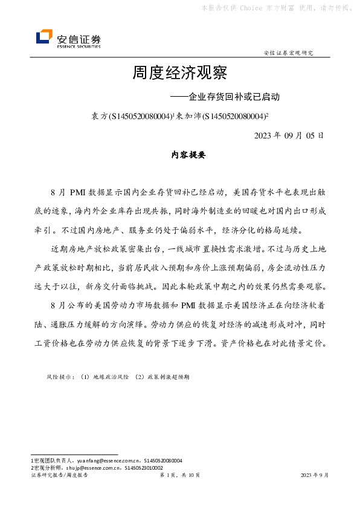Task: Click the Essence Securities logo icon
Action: point(43,38)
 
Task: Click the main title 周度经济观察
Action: point(179,74)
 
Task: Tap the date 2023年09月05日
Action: point(289,135)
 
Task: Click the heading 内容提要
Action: point(180,155)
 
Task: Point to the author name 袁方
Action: point(98,115)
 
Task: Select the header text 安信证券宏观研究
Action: point(289,53)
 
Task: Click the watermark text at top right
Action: point(274,8)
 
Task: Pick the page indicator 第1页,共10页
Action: point(179,475)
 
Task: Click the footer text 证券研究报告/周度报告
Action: point(59,475)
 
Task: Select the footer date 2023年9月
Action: point(315,475)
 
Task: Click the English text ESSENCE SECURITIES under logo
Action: point(79,45)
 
